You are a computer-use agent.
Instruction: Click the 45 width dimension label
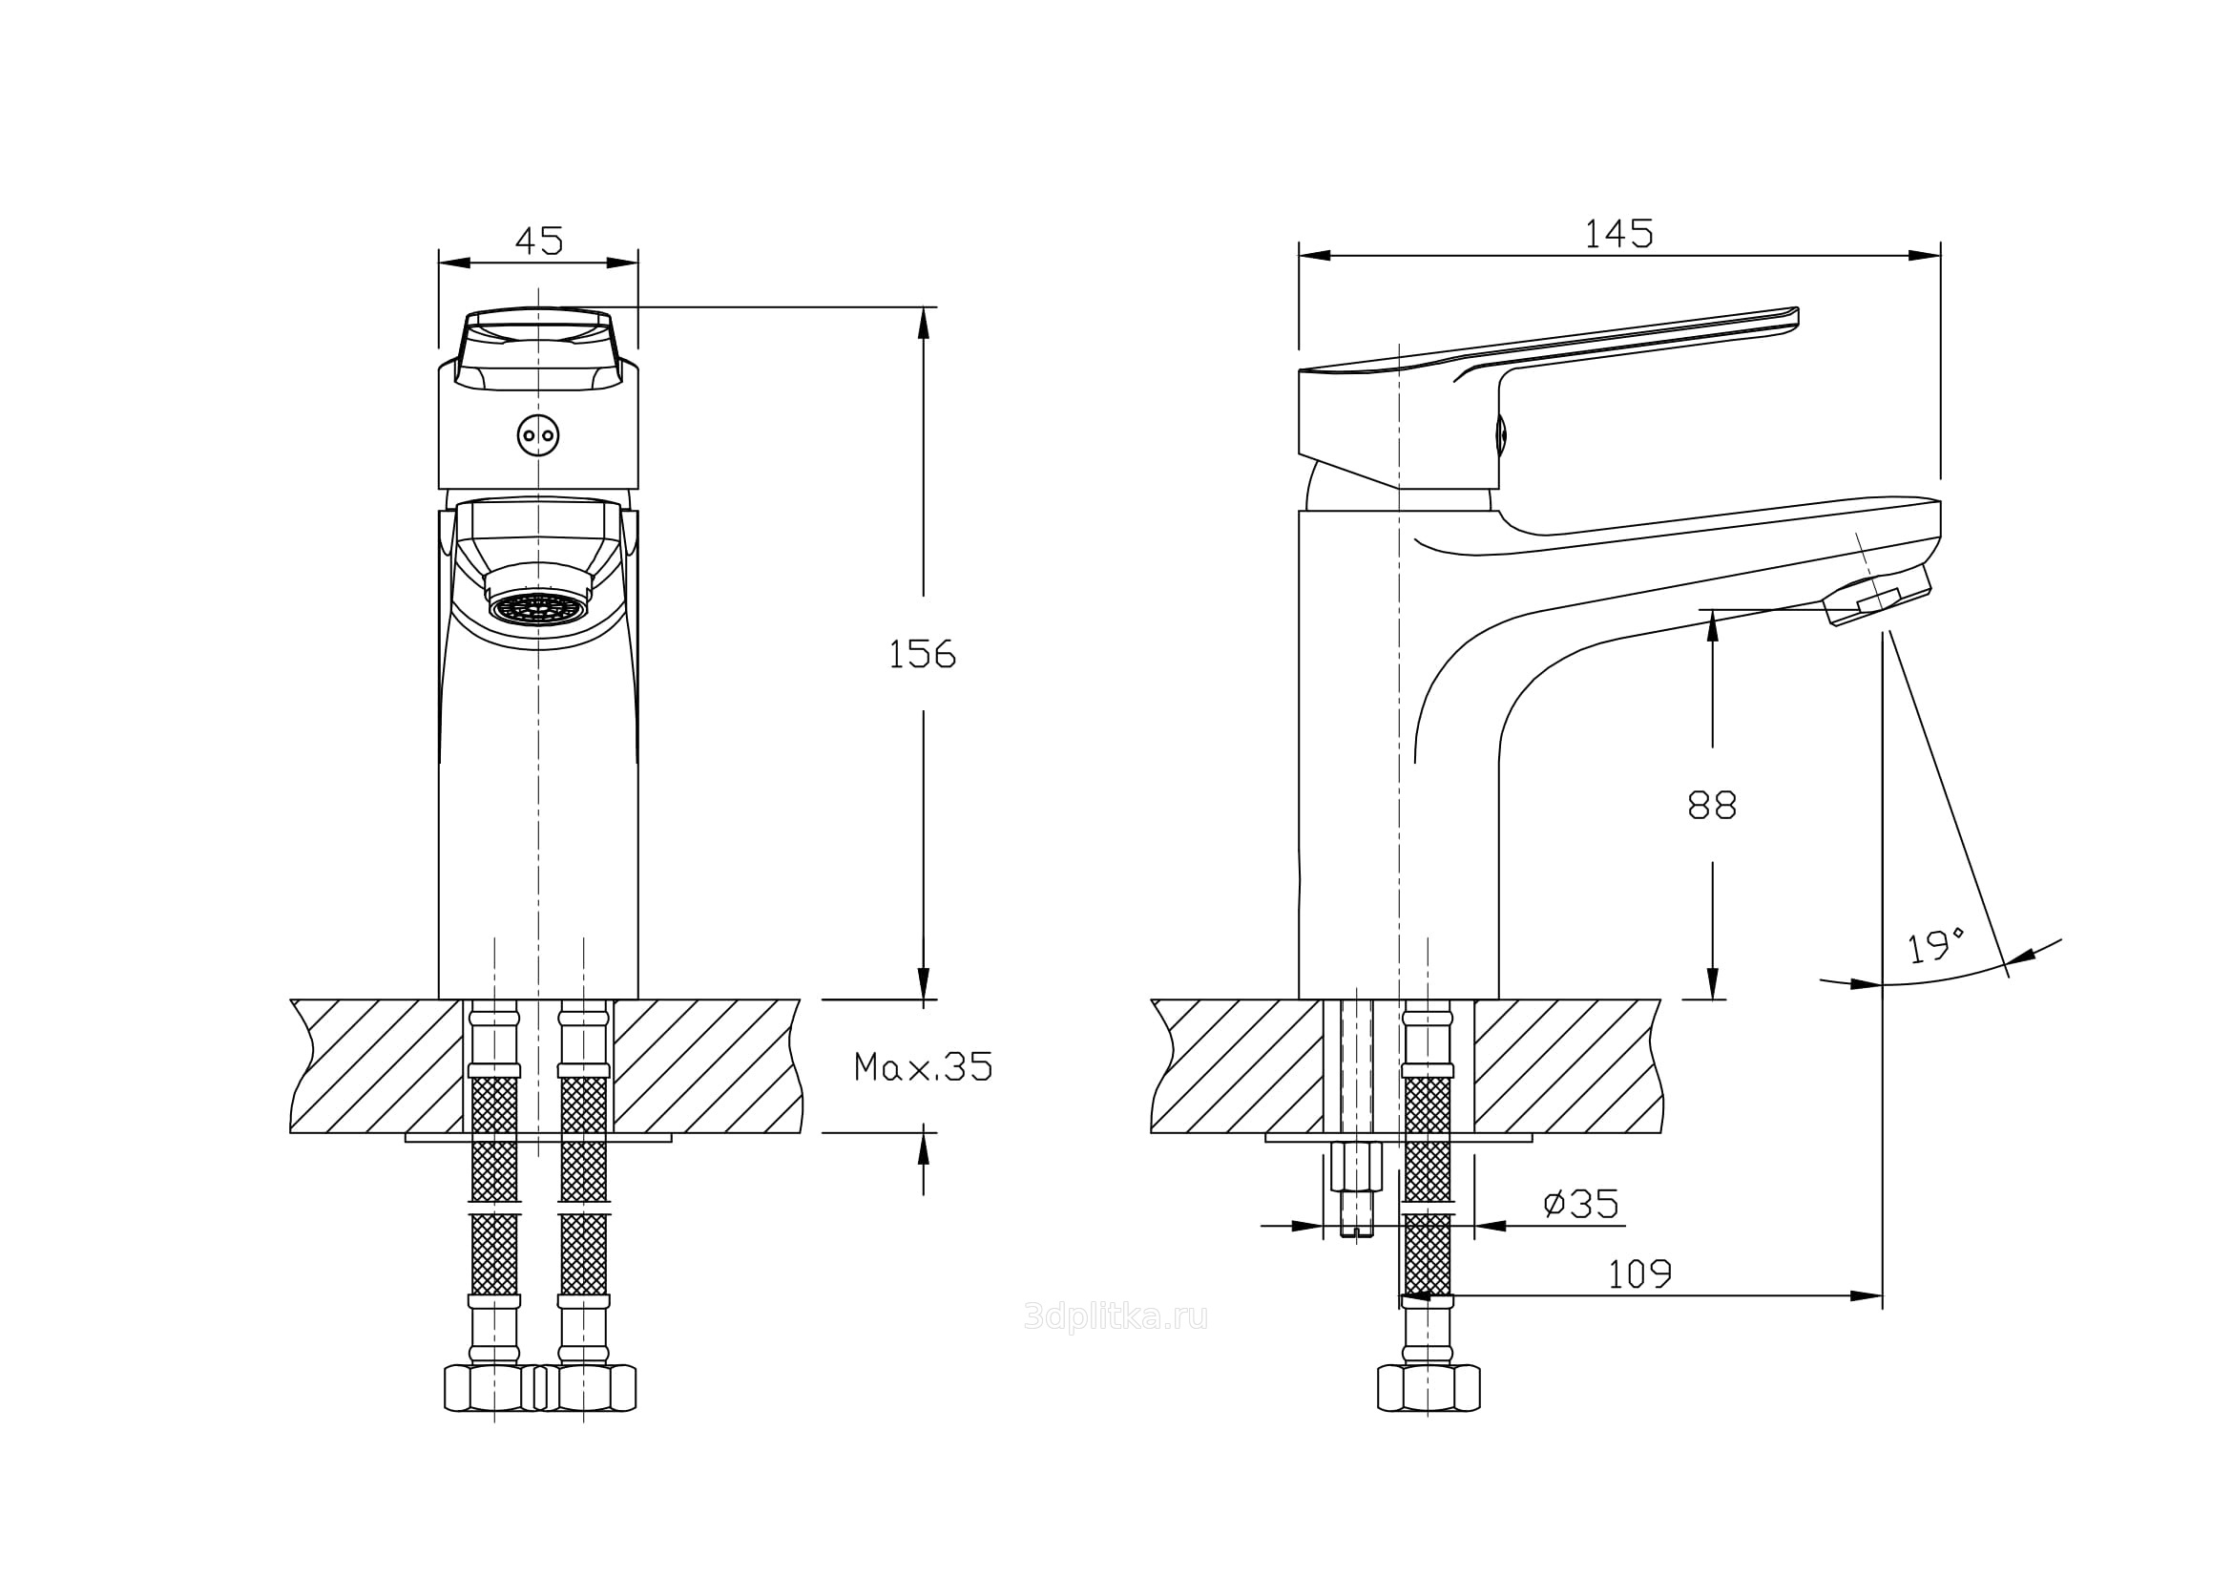click(538, 240)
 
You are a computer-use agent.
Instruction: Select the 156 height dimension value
click(922, 654)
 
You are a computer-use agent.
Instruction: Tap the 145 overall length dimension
click(1618, 233)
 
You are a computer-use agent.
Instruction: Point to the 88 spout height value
click(1712, 805)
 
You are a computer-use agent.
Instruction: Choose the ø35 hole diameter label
click(1581, 1205)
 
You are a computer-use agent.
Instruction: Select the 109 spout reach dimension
click(1640, 1274)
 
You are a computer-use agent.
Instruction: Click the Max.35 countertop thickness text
click(923, 1067)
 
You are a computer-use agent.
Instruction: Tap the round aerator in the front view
click(538, 607)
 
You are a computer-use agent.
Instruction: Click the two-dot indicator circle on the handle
click(537, 434)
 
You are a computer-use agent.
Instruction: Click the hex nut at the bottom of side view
click(1429, 1387)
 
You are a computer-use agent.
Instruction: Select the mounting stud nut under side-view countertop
click(1354, 1165)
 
